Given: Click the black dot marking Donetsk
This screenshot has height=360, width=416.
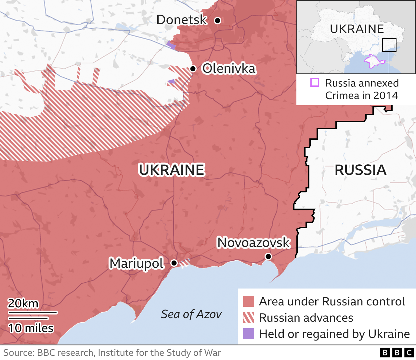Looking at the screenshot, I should click(x=218, y=20).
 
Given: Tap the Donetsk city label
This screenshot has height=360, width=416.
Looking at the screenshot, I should click(x=181, y=20).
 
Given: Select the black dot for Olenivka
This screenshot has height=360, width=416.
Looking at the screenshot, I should click(x=193, y=69).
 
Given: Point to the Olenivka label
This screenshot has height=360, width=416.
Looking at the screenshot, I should click(x=229, y=69).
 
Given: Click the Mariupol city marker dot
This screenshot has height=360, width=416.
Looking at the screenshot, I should click(x=174, y=263).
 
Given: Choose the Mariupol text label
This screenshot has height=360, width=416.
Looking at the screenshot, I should click(x=136, y=263).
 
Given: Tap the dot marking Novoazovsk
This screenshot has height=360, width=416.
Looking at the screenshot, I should click(x=268, y=257).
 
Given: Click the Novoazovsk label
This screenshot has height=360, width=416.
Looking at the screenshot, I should click(x=253, y=242).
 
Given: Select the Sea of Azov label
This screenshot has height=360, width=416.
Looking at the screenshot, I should click(x=191, y=314).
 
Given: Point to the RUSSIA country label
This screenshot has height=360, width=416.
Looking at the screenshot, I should click(x=360, y=170).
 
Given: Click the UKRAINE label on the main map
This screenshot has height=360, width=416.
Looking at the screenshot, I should click(x=172, y=170).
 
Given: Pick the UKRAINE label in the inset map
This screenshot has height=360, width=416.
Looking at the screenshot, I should click(x=357, y=29).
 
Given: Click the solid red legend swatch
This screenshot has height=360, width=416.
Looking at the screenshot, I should click(x=249, y=301).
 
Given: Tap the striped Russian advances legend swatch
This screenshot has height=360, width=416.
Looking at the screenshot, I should click(x=249, y=317).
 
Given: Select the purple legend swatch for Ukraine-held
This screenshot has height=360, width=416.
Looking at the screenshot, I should click(x=249, y=334).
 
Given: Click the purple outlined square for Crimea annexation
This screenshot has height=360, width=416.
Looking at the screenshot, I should click(x=315, y=83).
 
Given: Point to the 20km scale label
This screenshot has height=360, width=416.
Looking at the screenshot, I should click(x=23, y=303).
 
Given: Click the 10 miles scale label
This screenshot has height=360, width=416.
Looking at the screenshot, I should click(x=31, y=328).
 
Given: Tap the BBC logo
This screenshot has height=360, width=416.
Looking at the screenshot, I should click(x=397, y=353).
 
